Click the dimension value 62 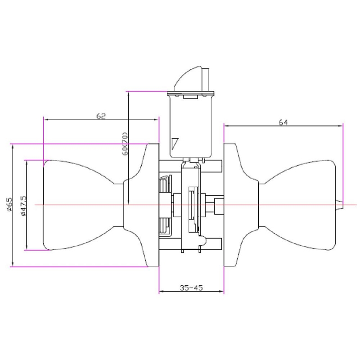point(101,116)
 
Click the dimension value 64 point(283,122)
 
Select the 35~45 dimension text point(191,288)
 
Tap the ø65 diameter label point(9,204)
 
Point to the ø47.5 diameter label point(24,206)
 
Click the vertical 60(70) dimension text point(125,144)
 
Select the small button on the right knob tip point(340,204)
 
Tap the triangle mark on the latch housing point(175,143)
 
